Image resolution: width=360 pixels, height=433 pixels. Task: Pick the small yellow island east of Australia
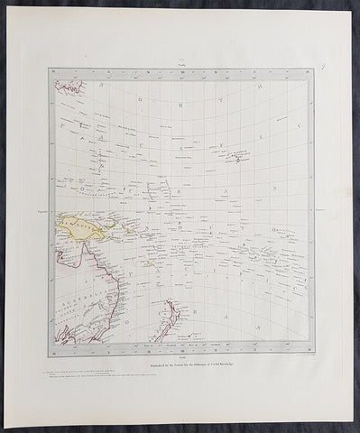(x=153, y=267)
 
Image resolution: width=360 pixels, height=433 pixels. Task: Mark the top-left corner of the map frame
(x=50, y=69)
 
